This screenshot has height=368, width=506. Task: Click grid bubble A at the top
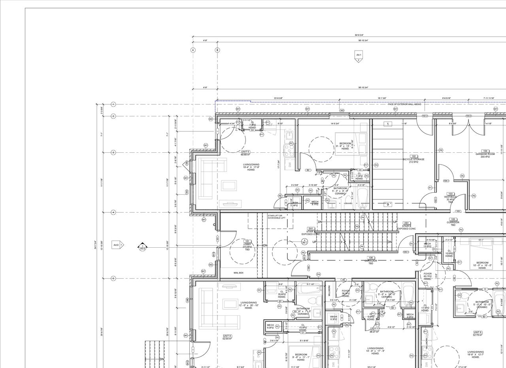pos(193,50)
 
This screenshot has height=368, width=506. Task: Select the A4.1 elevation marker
pos(359,55)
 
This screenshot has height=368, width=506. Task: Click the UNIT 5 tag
pos(245,152)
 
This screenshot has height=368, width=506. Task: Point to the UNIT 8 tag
pos(227,336)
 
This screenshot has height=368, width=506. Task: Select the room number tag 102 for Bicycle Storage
pos(414,156)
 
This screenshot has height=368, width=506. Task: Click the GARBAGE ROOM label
pos(485,154)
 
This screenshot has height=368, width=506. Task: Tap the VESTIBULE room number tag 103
pos(450,194)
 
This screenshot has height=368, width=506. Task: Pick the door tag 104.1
pos(446,181)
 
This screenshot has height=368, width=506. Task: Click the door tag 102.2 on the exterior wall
pos(425,116)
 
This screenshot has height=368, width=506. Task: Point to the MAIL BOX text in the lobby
pos(238,273)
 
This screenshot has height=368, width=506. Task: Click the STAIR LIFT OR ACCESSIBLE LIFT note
pos(275,217)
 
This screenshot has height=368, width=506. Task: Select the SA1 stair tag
pos(311,228)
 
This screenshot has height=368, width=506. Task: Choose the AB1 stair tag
pos(407,223)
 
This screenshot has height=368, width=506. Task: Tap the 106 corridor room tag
pos(371,258)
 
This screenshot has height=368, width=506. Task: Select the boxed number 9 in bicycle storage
pos(388,205)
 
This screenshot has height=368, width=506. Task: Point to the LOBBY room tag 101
pos(247,241)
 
